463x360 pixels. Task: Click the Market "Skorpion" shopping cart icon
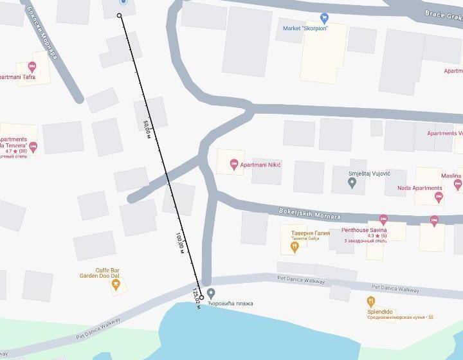324,18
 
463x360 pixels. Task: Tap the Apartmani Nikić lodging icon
233,163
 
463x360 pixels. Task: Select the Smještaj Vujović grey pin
352,183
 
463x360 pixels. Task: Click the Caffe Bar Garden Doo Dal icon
116,285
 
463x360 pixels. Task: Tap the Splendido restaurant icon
371,301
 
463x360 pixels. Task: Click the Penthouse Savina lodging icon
384,220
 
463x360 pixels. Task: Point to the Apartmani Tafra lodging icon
32,67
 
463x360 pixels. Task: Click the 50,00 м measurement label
148,128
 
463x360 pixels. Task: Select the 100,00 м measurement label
180,241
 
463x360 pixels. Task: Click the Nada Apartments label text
419,188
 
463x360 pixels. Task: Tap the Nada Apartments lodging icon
439,197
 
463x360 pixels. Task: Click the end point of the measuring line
201,298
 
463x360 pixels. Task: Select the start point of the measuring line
120,15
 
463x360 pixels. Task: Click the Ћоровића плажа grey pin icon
212,293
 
